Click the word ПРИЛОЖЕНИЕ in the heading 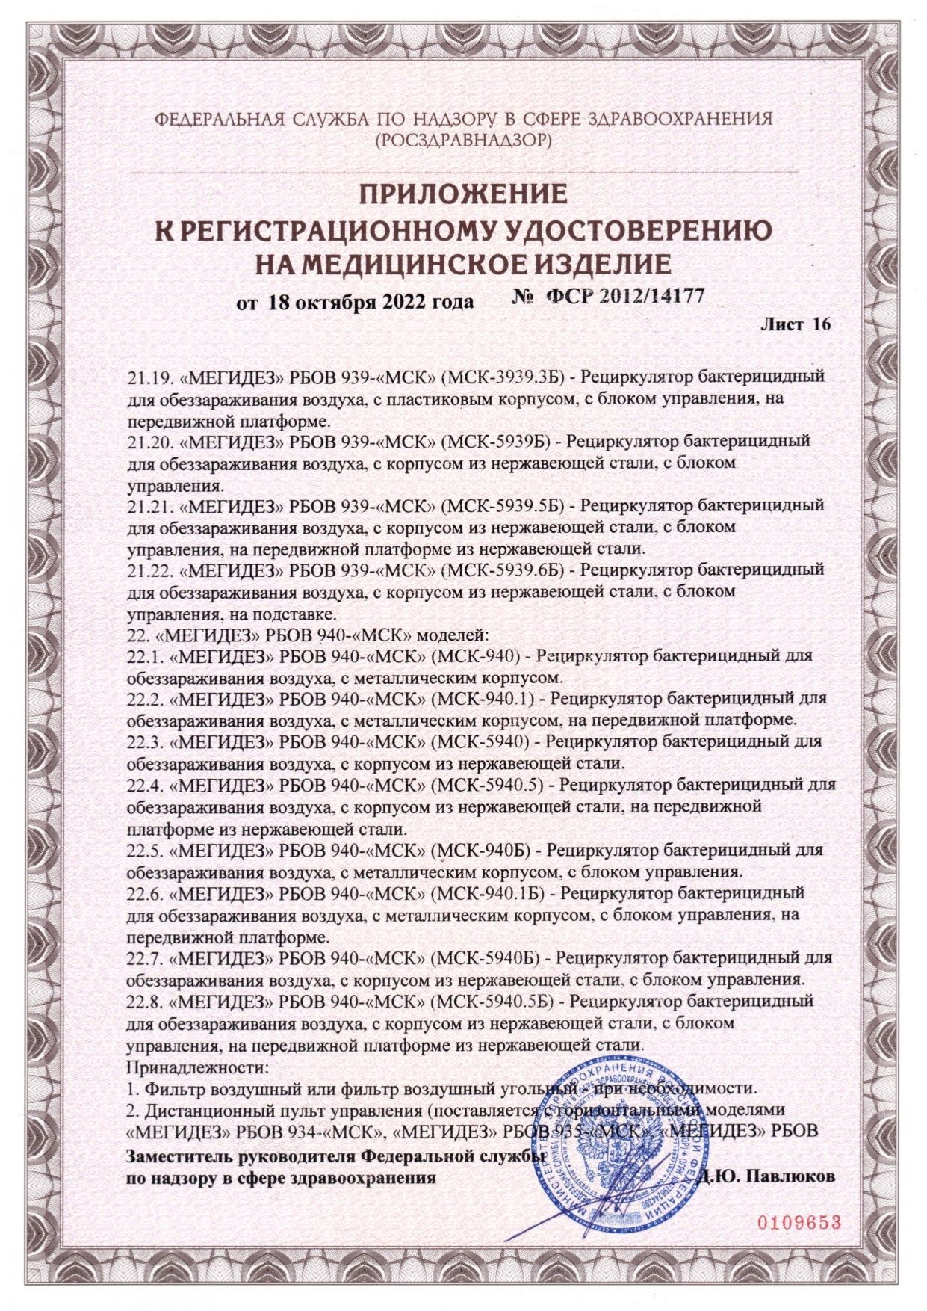(464, 195)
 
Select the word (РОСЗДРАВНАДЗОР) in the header (464, 139)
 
